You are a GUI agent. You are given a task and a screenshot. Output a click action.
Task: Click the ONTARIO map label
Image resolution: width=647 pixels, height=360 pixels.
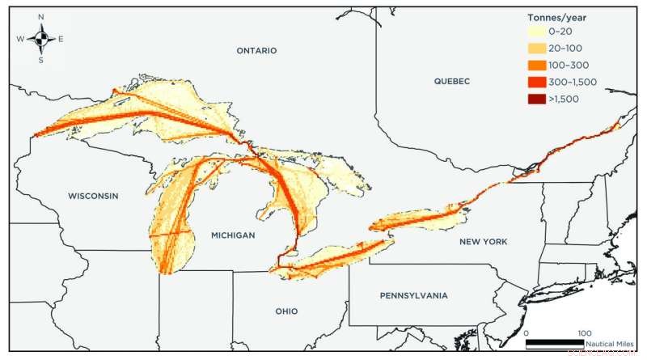click(x=256, y=50)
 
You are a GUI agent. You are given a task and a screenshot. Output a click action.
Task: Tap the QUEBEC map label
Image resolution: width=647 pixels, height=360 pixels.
click(x=451, y=81)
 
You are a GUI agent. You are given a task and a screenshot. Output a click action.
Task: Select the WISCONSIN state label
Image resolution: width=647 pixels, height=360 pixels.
click(x=93, y=197)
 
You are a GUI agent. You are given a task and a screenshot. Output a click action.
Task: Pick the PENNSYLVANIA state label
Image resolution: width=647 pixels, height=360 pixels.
click(x=413, y=296)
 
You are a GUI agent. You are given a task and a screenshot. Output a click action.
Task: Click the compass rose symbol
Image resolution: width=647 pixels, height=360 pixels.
click(x=41, y=39)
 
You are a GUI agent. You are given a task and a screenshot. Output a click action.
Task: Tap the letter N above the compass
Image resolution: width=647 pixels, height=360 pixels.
click(x=41, y=16)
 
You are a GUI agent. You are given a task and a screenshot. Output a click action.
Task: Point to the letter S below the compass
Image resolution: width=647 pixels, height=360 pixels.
click(x=41, y=61)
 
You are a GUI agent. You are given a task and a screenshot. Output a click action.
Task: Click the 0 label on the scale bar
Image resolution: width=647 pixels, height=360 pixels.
click(x=526, y=332)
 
